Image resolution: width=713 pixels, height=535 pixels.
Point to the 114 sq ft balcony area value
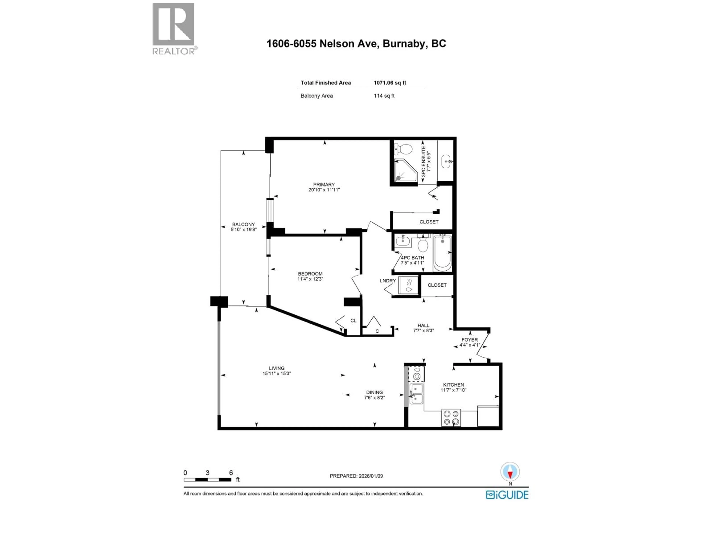384,96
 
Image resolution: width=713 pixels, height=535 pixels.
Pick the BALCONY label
243,224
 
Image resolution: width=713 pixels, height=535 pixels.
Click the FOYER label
469,340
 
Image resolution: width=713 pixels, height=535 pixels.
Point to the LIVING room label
276,368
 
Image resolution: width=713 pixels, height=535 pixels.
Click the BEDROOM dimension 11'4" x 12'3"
310,279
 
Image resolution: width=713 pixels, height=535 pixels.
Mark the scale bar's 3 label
208,473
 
